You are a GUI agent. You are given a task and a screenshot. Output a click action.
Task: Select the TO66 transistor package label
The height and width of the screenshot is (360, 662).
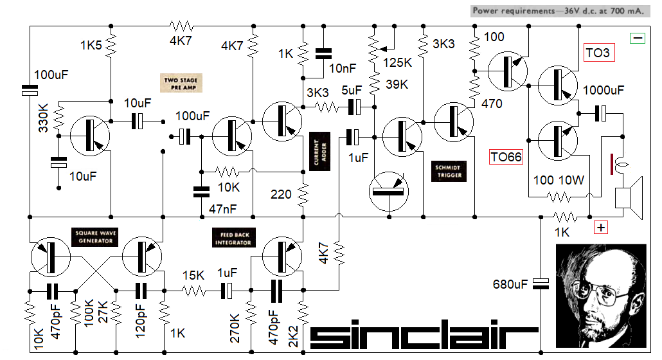(506, 156)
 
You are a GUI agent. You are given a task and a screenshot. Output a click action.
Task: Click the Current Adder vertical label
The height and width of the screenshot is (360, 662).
(316, 152)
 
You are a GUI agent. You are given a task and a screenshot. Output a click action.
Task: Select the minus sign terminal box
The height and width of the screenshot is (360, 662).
(638, 39)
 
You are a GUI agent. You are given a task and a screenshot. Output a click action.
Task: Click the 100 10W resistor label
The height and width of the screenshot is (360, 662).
(559, 181)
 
